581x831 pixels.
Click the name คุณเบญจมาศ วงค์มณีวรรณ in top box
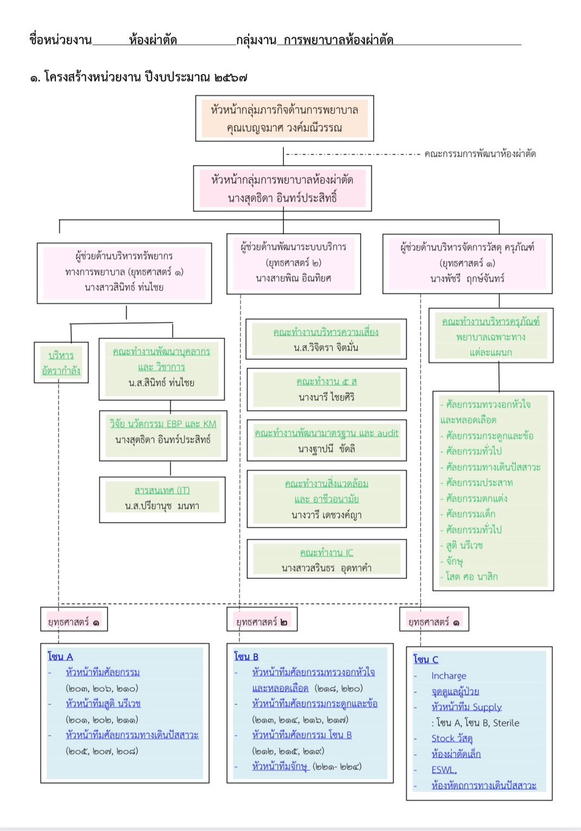click(x=284, y=128)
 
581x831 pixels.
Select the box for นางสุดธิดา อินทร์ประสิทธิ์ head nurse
click(x=282, y=188)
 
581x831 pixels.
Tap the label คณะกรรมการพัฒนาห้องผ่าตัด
click(x=480, y=154)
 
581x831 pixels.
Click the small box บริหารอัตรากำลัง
click(x=61, y=363)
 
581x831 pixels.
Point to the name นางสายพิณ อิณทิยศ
click(x=293, y=278)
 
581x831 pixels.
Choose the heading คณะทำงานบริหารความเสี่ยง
click(x=326, y=332)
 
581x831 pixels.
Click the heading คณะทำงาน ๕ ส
click(x=326, y=381)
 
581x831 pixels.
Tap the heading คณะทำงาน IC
click(x=326, y=552)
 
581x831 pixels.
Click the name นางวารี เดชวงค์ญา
click(x=326, y=514)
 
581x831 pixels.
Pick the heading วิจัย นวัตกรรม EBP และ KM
click(x=162, y=424)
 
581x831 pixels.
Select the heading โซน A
click(x=60, y=656)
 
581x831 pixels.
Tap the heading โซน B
click(x=246, y=656)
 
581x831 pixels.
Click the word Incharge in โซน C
click(x=449, y=676)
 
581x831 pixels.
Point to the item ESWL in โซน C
click(x=444, y=770)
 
